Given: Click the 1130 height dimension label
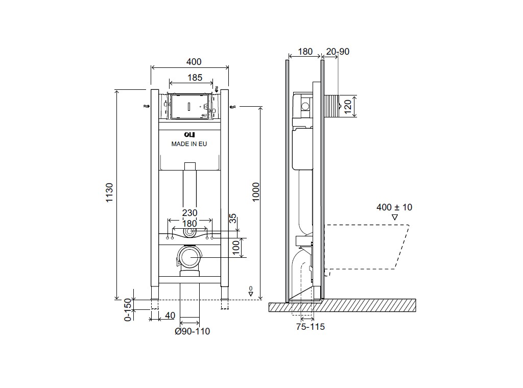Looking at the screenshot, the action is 109,192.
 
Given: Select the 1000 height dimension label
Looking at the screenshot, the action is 256,192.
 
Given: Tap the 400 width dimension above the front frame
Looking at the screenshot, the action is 194,62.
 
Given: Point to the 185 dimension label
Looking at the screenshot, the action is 195,78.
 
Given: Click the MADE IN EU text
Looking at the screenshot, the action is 189,144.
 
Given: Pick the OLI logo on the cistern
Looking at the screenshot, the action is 189,135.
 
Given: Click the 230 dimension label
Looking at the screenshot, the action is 189,213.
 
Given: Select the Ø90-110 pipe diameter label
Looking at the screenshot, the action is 193,331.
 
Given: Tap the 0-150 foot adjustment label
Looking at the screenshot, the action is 128,310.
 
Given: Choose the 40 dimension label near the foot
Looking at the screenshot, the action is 170,316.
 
